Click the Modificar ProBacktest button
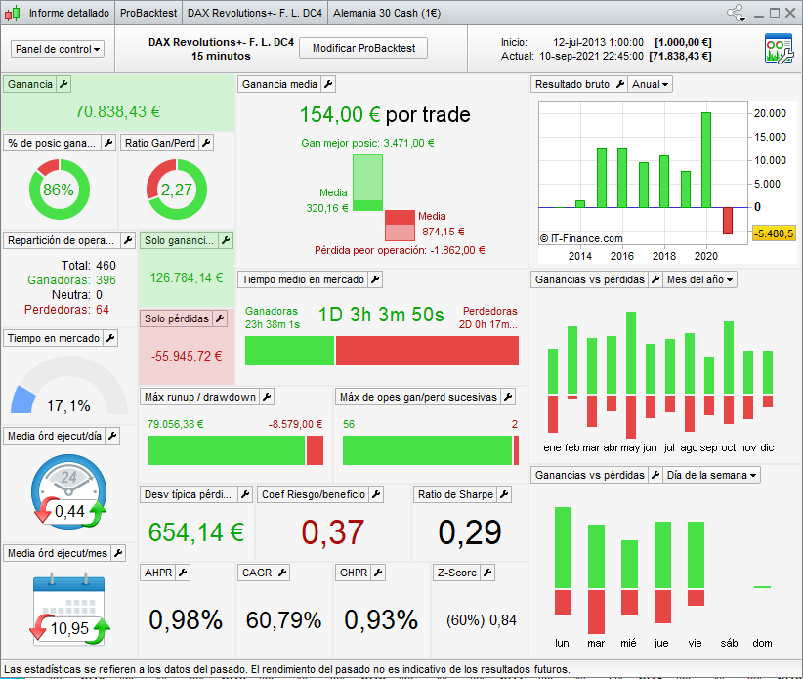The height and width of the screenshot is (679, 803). coord(362,48)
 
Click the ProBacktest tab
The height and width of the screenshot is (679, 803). coord(148,13)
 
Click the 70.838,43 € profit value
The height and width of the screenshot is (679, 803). coord(117,112)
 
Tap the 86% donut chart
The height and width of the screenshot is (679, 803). coord(59,190)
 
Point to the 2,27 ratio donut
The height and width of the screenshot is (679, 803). coord(177,190)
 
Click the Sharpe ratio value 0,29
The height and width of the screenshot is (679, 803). coord(469,532)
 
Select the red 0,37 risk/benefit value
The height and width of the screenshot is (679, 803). coord(332,532)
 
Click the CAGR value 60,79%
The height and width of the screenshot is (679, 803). coord(284,619)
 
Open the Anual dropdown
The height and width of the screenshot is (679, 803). coord(652,84)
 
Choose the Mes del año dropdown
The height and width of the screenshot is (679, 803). coord(699,279)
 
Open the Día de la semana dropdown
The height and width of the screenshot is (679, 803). coord(711,475)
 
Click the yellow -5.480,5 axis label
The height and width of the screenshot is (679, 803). coord(774,233)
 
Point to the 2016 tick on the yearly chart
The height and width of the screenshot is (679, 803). coord(622,256)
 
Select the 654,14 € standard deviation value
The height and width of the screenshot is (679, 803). coord(195,532)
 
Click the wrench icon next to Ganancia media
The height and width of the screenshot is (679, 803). coord(328,84)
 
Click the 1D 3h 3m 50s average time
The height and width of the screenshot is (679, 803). coord(381,315)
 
